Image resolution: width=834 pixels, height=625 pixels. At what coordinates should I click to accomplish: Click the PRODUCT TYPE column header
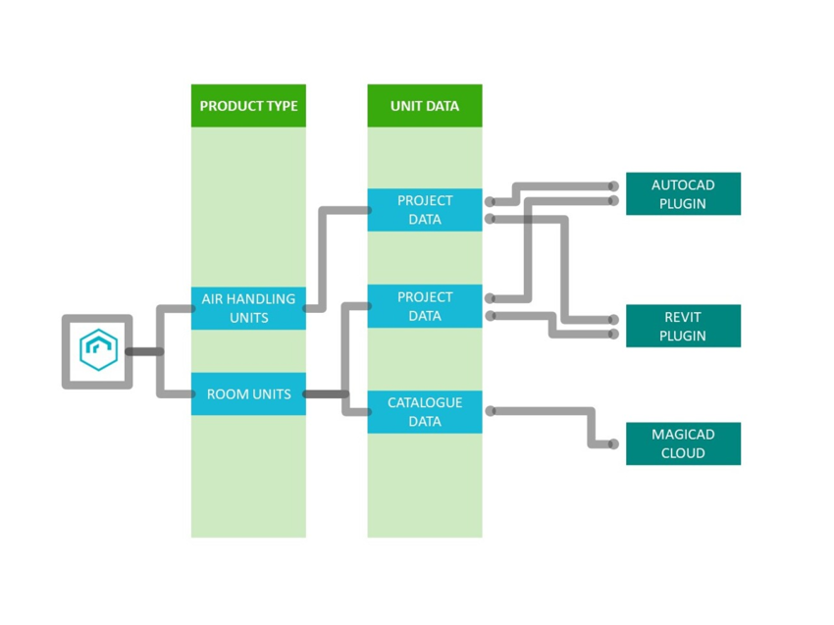click(x=248, y=106)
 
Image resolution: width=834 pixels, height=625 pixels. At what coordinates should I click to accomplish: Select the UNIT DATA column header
click(x=425, y=106)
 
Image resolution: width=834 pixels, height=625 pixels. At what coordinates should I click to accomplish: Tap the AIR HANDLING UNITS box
click(x=248, y=308)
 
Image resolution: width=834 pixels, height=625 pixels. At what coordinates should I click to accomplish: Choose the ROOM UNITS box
click(x=248, y=394)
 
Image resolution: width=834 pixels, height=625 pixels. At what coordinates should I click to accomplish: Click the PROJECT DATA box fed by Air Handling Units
click(x=425, y=210)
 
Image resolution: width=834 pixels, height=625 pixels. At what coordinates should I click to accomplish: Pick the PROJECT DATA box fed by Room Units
click(x=425, y=306)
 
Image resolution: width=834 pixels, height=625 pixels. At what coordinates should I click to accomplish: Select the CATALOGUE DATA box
click(x=425, y=412)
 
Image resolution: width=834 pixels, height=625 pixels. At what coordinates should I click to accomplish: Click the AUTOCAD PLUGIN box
click(x=683, y=194)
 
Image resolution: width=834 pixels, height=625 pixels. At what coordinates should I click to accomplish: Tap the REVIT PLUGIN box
click(x=683, y=326)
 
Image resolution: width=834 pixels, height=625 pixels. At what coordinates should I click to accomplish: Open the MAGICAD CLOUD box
click(x=683, y=443)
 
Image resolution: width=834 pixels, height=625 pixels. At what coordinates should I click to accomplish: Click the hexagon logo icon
click(x=98, y=350)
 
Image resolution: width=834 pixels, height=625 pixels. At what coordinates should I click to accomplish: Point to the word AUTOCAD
click(x=683, y=185)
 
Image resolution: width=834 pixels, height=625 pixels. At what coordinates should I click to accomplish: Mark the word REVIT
click(x=683, y=317)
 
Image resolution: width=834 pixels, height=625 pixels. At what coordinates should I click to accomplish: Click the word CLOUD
click(x=683, y=453)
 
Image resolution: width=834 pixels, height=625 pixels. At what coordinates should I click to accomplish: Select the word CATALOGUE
click(x=425, y=402)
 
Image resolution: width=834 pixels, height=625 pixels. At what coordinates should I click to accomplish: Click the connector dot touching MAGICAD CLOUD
click(x=613, y=444)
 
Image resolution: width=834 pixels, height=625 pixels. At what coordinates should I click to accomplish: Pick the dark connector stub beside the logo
click(x=144, y=351)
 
